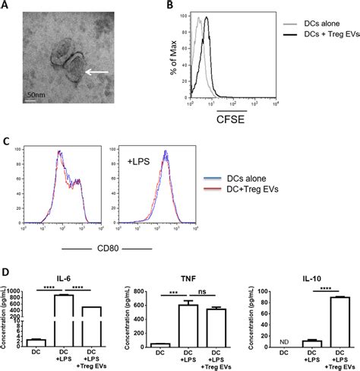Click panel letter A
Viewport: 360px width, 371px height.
point(5,7)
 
